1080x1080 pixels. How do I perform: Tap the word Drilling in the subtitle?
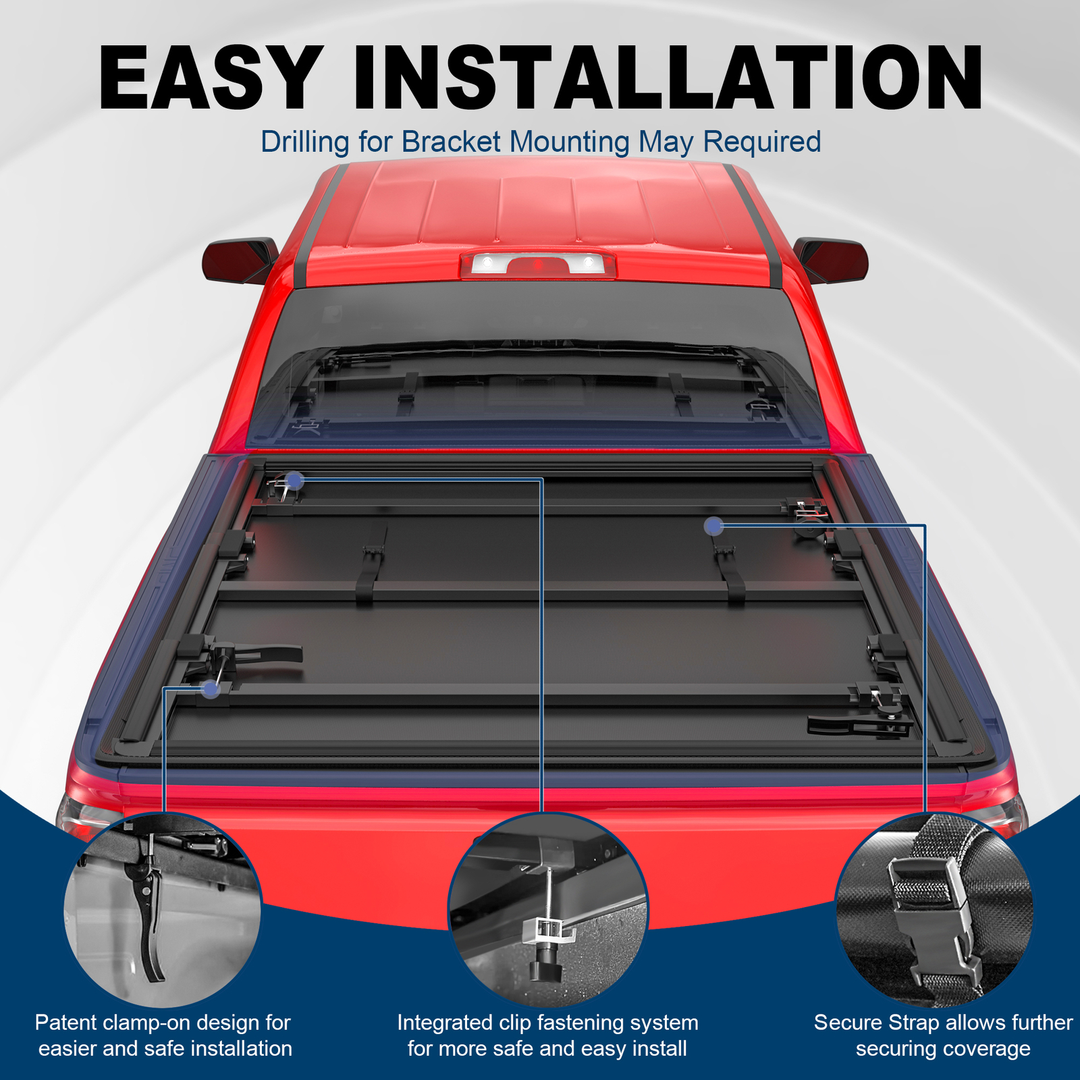[x=305, y=142]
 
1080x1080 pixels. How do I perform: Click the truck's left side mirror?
[x=240, y=260]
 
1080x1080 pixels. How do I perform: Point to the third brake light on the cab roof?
[x=538, y=265]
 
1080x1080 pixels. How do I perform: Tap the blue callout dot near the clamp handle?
[x=211, y=689]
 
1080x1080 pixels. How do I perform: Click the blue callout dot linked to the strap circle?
[x=714, y=526]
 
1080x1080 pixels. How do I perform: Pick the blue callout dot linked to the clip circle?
[x=295, y=481]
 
